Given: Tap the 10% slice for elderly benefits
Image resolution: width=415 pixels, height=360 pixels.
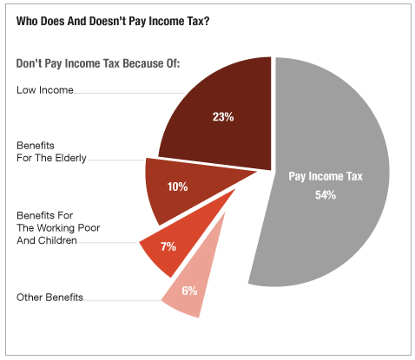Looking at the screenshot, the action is coord(185,188).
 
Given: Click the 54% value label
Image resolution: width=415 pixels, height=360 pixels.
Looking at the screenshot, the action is coord(326,195).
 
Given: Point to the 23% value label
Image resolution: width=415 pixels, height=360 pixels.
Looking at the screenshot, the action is coord(223,117).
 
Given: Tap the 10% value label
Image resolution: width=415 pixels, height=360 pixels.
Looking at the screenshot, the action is coord(177,187).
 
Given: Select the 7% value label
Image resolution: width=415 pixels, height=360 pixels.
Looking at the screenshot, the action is coord(168,246).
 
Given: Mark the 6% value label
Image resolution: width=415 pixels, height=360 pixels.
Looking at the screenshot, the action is coord(189,291).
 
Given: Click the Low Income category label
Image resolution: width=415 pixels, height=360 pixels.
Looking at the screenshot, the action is coord(45,90).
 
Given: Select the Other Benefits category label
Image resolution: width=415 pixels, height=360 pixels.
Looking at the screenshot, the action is coord(49,298).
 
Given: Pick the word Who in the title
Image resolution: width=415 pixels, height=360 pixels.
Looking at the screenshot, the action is coord(27,21).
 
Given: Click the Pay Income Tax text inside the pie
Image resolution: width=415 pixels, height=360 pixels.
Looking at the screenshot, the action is coord(326,176).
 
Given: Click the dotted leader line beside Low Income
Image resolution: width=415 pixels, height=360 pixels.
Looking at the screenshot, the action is coord(129,93).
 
